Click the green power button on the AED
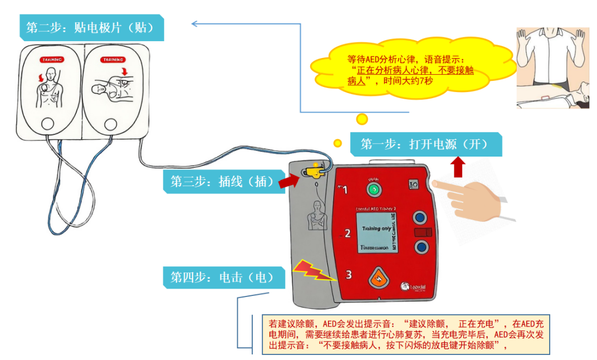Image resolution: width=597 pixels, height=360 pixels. (x=373, y=189)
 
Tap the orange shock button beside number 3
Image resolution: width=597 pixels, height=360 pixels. (x=378, y=277)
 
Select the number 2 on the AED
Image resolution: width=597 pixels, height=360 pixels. (x=348, y=233)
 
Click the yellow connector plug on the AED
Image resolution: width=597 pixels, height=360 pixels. (x=315, y=171)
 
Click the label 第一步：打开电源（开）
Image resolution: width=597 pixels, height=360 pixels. (x=425, y=144)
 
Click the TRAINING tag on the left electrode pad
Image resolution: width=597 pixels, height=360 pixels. (x=51, y=60)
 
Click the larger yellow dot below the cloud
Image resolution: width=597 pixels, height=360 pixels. (x=362, y=119)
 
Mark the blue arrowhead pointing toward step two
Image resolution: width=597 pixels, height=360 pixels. (x=194, y=23)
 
